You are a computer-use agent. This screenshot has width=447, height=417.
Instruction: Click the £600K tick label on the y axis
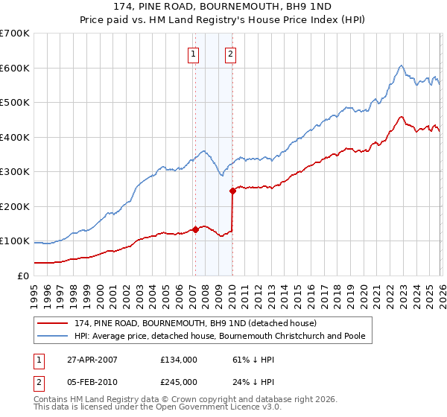tap(15, 68)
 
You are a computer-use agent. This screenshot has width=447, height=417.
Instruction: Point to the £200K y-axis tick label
tap(15, 206)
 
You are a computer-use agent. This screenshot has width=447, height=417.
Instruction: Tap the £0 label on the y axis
tap(23, 276)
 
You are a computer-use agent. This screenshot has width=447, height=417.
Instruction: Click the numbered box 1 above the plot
tap(194, 54)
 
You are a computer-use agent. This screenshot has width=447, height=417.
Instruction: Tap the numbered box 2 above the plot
tap(231, 54)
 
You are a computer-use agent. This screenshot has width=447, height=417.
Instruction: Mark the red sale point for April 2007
tap(195, 229)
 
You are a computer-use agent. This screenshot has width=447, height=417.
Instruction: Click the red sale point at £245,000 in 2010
tap(232, 191)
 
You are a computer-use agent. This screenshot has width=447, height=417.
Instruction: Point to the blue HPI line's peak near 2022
tap(401, 66)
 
